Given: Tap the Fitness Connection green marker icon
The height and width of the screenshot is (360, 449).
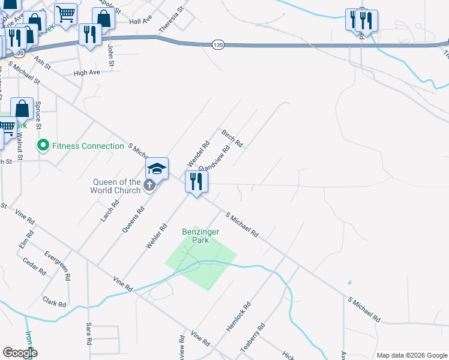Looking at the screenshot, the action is click(43, 145).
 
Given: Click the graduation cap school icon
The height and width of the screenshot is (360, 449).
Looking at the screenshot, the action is click(157, 169).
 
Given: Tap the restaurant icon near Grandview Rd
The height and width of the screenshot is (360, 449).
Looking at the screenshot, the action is click(196, 181).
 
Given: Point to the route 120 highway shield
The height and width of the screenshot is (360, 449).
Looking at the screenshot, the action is click(218, 44).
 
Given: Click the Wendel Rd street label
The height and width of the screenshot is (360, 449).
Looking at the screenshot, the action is click(197, 154).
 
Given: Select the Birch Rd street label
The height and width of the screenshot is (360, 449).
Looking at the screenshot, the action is click(232, 139).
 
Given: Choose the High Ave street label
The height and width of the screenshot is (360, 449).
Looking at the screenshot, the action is click(86, 73).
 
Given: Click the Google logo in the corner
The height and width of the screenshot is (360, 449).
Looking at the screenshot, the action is click(19, 353).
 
